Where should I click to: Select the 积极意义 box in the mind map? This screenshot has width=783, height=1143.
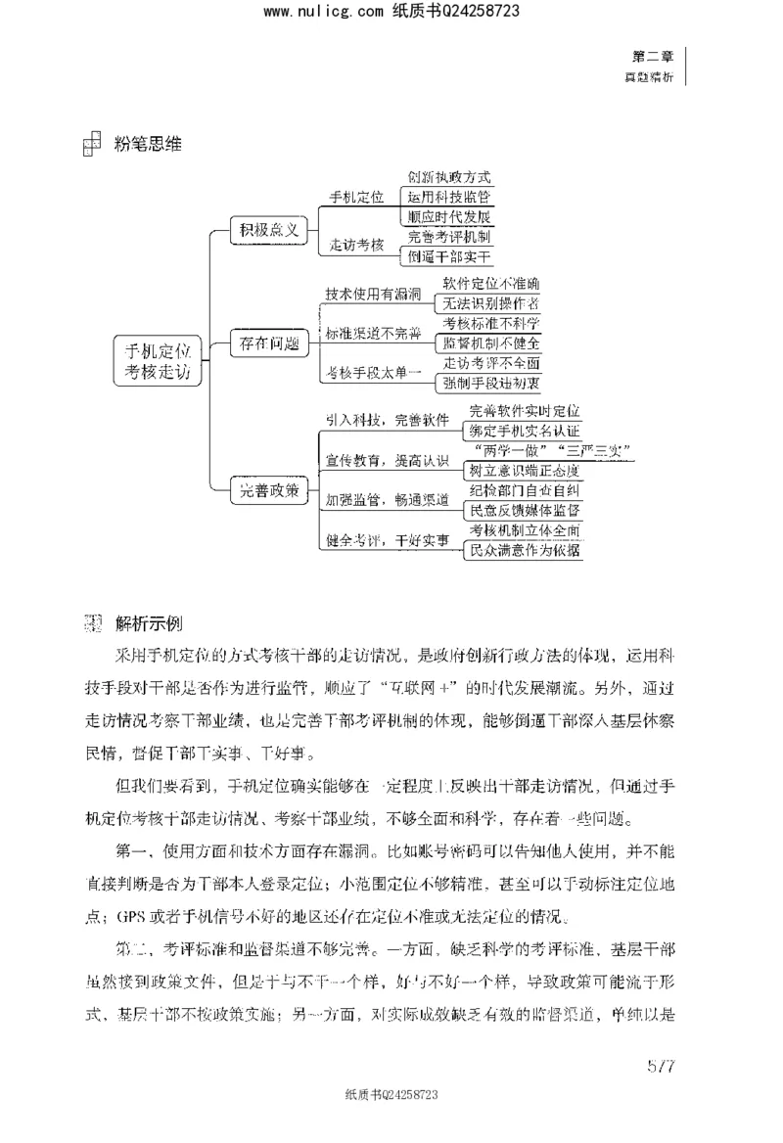pyautogui.click(x=268, y=230)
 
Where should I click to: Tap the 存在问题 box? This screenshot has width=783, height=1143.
pyautogui.click(x=268, y=343)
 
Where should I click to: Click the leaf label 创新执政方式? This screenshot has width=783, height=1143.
pyautogui.click(x=449, y=178)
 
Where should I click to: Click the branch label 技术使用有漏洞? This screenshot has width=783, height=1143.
pyautogui.click(x=372, y=294)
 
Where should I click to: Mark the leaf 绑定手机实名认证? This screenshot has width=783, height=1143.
pyautogui.click(x=525, y=430)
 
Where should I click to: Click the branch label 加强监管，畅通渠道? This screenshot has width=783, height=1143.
pyautogui.click(x=388, y=500)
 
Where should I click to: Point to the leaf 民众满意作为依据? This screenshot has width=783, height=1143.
pyautogui.click(x=525, y=550)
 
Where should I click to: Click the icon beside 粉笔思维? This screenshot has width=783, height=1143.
pyautogui.click(x=91, y=145)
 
